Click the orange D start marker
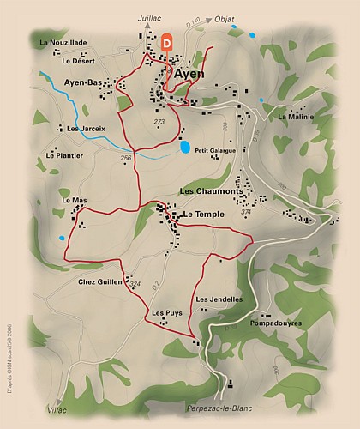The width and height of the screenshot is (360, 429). tap(166, 39)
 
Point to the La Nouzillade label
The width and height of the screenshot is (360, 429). tap(63, 42)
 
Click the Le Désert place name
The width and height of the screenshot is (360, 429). tap(78, 61)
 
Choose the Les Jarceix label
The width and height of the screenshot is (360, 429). tap(86, 129)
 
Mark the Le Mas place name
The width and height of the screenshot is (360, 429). tap(75, 200)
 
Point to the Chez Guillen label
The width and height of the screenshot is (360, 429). tap(99, 281)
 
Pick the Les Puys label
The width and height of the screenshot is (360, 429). tap(166, 313)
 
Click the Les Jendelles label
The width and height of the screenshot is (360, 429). tap(219, 299)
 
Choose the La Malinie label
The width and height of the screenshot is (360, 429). tap(296, 117)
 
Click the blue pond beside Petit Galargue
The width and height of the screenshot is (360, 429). tap(185, 148)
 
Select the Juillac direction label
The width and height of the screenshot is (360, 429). tap(150, 17)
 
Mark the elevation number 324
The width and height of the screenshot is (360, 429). tap(134, 284)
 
